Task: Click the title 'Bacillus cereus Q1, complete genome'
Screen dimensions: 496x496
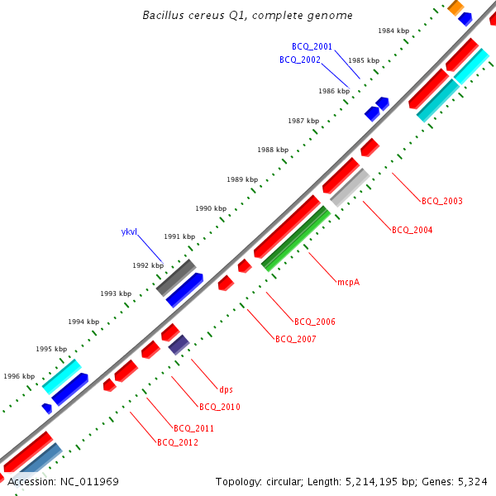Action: (x=247, y=16)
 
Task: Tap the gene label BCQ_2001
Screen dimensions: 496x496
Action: (x=312, y=47)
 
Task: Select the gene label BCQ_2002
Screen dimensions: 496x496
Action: (x=299, y=60)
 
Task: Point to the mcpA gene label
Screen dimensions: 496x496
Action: (x=348, y=282)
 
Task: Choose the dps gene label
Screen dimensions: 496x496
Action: (x=226, y=389)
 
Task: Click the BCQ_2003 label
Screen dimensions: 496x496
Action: (x=441, y=201)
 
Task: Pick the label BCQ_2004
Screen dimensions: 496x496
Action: (x=412, y=230)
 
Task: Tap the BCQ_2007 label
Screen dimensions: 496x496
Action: (x=295, y=339)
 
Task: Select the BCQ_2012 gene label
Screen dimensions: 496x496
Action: (x=177, y=442)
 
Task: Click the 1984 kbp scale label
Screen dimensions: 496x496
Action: (x=393, y=31)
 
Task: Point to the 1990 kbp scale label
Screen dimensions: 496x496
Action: (x=211, y=208)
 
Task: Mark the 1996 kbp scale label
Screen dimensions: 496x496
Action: (x=19, y=376)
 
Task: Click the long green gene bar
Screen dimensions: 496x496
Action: (x=296, y=239)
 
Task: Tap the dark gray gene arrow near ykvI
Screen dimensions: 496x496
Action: (x=176, y=277)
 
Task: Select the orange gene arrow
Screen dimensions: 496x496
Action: (x=455, y=7)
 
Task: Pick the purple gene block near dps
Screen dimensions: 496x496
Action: (x=179, y=345)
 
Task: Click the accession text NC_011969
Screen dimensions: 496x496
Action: (x=63, y=481)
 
